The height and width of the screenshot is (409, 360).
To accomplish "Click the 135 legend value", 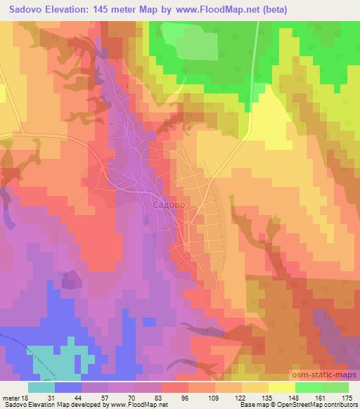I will [x=266, y=397].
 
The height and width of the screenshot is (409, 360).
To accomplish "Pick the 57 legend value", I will [x=104, y=397].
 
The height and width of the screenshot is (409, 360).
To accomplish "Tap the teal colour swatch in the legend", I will [x=41, y=387].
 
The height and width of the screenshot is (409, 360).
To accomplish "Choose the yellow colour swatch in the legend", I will [x=281, y=387].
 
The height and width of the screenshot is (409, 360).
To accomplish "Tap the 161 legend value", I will [x=321, y=397].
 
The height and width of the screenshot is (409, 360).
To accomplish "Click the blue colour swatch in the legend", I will [x=68, y=387].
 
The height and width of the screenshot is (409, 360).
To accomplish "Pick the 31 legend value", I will [x=50, y=397].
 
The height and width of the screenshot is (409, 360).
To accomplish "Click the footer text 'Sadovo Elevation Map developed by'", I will [x=47, y=405].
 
